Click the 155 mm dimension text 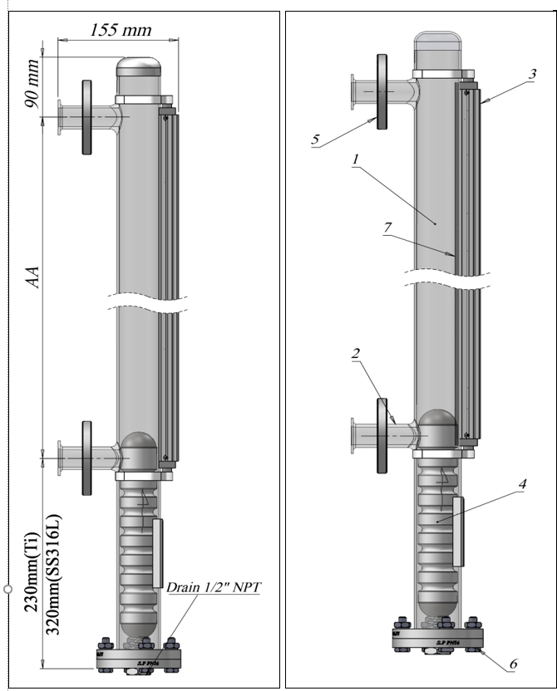[x=121, y=30]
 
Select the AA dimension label [x=32, y=276]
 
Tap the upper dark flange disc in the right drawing [x=382, y=91]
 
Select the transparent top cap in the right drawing [x=444, y=51]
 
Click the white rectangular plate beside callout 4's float [x=458, y=532]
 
